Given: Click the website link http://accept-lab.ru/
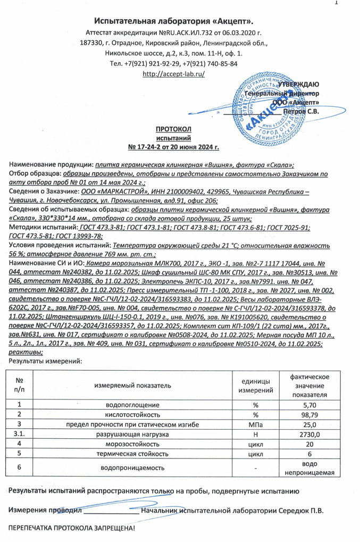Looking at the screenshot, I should coord(174,73).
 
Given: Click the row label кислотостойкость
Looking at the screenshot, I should coord(132,414).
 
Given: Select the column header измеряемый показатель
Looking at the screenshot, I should coord(132,384).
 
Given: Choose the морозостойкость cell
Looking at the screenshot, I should coord(132,444).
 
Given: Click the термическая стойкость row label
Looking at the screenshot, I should coord(132,454).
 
